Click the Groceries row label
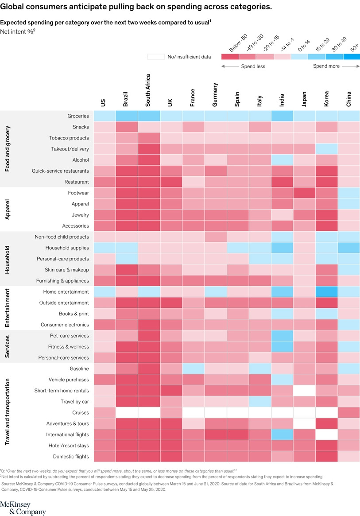78,116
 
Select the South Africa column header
148,90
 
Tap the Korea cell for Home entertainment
327,292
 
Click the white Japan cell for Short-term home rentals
305,391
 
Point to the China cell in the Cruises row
349,412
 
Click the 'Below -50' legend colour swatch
229,56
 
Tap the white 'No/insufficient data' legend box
155,57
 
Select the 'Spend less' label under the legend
253,66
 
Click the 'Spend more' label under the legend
326,66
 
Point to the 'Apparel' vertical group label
8,210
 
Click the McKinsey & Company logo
23,509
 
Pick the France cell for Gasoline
194,369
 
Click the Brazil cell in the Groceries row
127,116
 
